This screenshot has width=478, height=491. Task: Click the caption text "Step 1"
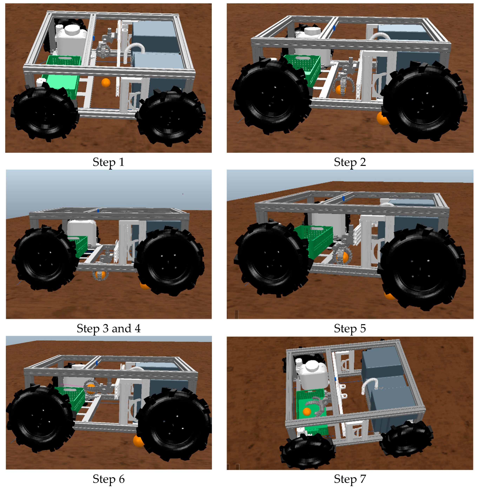click(x=108, y=162)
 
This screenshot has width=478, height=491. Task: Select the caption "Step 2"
click(x=350, y=162)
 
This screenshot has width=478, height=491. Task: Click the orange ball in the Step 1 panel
click(x=106, y=83)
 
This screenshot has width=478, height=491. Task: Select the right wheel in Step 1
click(x=171, y=116)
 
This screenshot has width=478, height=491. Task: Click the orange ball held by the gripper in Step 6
click(x=91, y=388)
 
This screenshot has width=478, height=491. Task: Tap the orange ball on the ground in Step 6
click(x=138, y=441)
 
